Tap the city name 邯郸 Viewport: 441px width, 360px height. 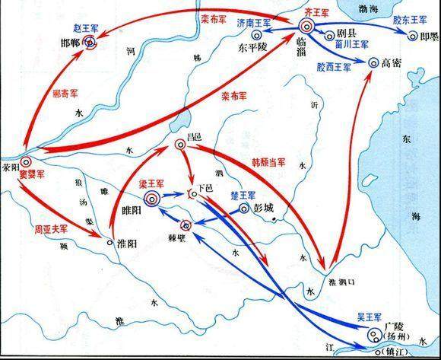pyautogui.click(x=71, y=44)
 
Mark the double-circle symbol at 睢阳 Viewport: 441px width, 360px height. pyautogui.click(x=151, y=199)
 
